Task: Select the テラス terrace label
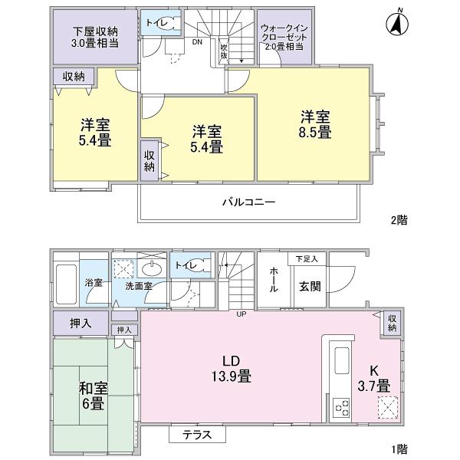198,435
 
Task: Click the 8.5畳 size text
315,132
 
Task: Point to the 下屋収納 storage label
95,32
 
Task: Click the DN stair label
197,42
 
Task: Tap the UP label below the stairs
242,314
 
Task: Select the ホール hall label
273,280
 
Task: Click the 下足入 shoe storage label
307,258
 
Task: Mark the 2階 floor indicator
398,219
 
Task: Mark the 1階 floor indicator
398,449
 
